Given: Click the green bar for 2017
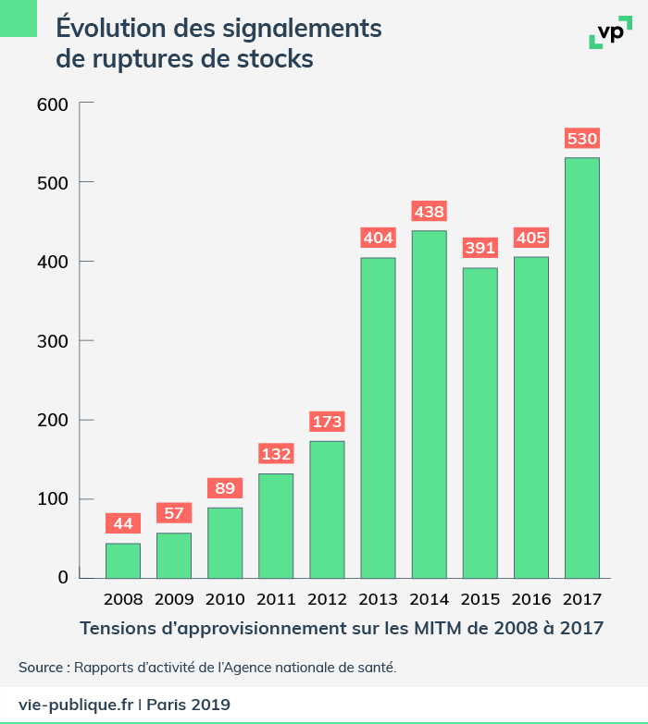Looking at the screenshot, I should click(582, 367).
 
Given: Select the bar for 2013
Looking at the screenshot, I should click(378, 417).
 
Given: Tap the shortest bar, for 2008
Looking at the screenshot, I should click(123, 559).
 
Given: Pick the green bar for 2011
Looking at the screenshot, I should click(276, 525).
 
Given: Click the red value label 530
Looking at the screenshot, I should click(582, 140).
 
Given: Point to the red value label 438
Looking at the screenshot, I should click(429, 212).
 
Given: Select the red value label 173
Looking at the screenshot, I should click(327, 423).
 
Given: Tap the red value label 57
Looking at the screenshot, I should click(174, 513).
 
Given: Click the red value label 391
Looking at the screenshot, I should click(480, 249).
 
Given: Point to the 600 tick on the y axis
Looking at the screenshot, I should click(53, 104).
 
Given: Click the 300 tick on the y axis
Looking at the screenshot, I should click(53, 341).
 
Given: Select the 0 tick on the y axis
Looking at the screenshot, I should click(63, 578).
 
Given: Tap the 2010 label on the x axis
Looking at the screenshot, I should click(225, 598).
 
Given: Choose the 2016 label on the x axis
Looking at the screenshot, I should click(530, 598).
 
